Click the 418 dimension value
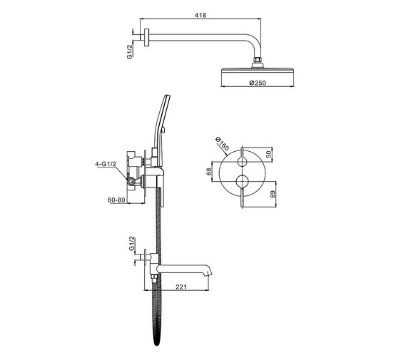(x=200, y=15)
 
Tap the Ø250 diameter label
(x=258, y=83)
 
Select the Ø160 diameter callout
(x=222, y=143)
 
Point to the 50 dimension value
(x=270, y=153)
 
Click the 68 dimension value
(x=209, y=172)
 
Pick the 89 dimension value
(x=273, y=194)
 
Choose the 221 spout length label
(x=181, y=287)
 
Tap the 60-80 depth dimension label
(x=116, y=200)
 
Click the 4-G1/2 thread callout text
(x=106, y=164)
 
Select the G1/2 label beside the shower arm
(x=129, y=52)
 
